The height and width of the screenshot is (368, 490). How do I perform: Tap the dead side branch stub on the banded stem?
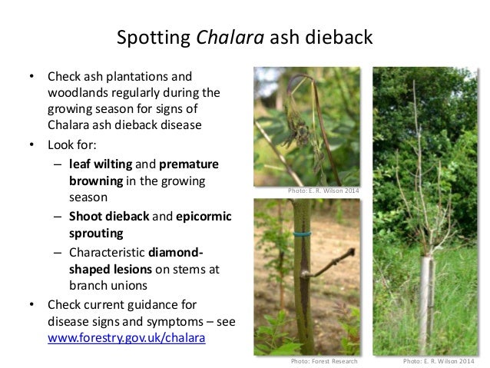tap(321, 266)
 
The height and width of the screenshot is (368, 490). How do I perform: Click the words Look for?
tap(74, 144)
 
